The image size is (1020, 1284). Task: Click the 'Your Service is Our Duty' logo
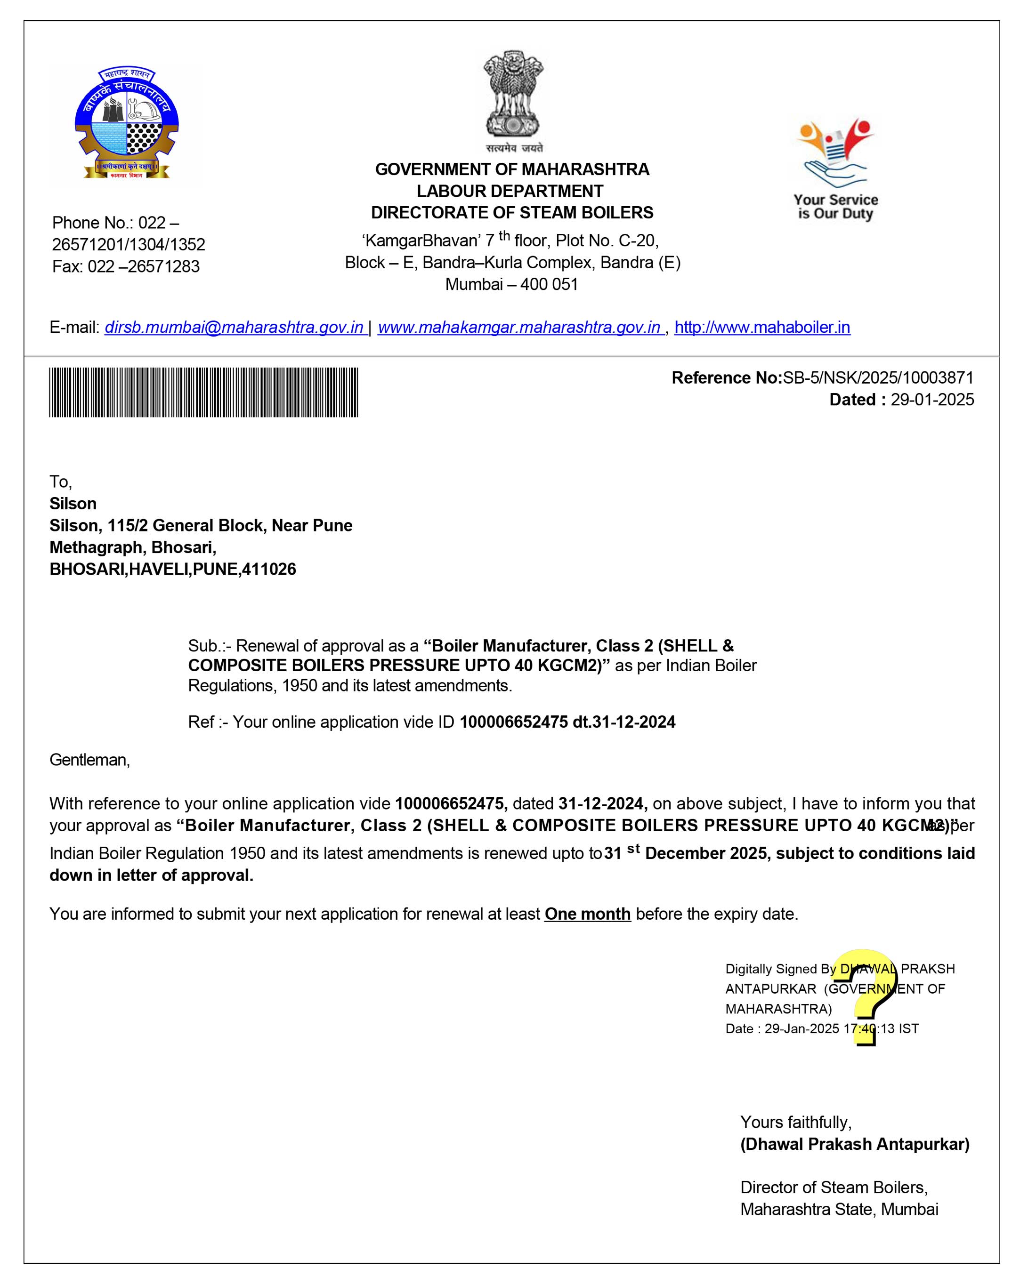pos(835,170)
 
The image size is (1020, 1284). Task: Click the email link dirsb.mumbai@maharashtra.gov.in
pos(234,328)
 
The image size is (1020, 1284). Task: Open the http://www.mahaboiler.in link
pos(762,328)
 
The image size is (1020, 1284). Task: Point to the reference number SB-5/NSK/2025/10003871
pos(878,377)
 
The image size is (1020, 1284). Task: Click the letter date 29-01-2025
pos(932,400)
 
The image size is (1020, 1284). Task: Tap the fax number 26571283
pos(163,266)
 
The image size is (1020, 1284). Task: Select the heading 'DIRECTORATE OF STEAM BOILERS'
pos(512,213)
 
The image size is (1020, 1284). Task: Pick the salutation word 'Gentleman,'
pos(89,760)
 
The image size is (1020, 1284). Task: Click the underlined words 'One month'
pos(587,914)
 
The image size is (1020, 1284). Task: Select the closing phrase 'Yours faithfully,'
pos(795,1123)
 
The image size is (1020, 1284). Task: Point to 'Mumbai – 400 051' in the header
pos(512,284)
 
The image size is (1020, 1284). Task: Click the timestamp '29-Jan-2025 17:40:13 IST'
pos(841,1028)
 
